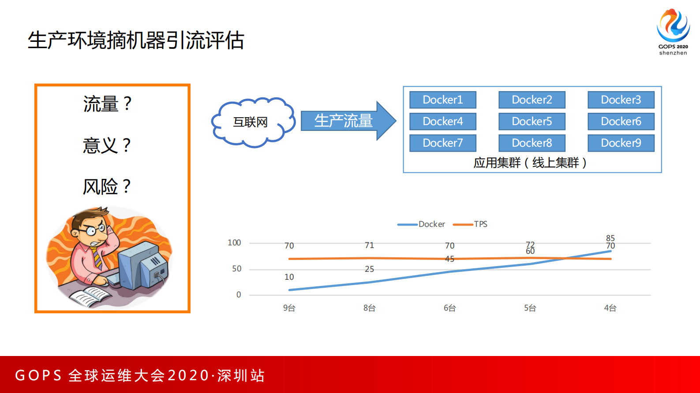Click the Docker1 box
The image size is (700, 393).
[443, 100]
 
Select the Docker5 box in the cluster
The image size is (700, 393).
[532, 122]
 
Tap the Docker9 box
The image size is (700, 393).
[621, 143]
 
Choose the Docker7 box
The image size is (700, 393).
[443, 143]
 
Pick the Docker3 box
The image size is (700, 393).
[621, 100]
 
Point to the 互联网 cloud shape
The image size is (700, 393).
[251, 122]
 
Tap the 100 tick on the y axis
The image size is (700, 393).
[234, 243]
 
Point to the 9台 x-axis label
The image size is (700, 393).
[289, 308]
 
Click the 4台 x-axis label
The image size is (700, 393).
[610, 308]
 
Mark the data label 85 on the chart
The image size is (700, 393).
[610, 238]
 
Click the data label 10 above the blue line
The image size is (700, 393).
[289, 277]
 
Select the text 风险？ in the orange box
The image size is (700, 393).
[107, 187]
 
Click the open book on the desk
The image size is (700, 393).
[91, 296]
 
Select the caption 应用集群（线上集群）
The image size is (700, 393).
[530, 163]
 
